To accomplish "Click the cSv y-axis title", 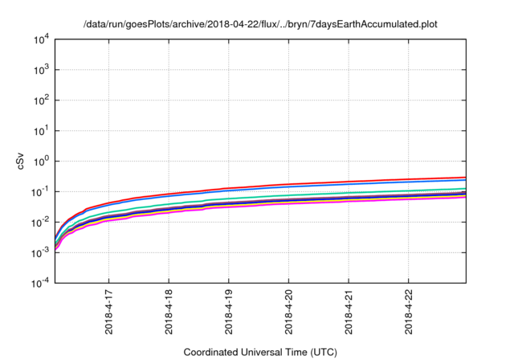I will point(18,161).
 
